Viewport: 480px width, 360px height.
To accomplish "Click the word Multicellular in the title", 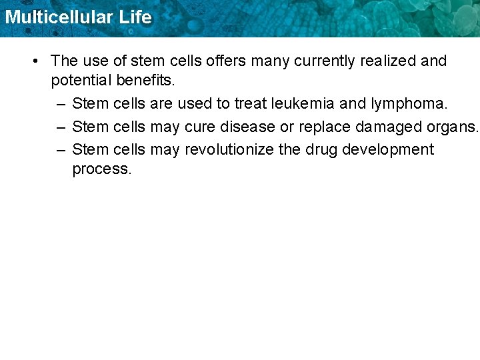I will (x=58, y=17).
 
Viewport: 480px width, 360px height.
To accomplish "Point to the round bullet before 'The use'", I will (x=35, y=61).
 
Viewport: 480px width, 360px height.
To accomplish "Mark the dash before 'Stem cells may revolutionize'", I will (x=61, y=150).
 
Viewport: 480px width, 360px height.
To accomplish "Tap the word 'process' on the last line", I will (x=101, y=169).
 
